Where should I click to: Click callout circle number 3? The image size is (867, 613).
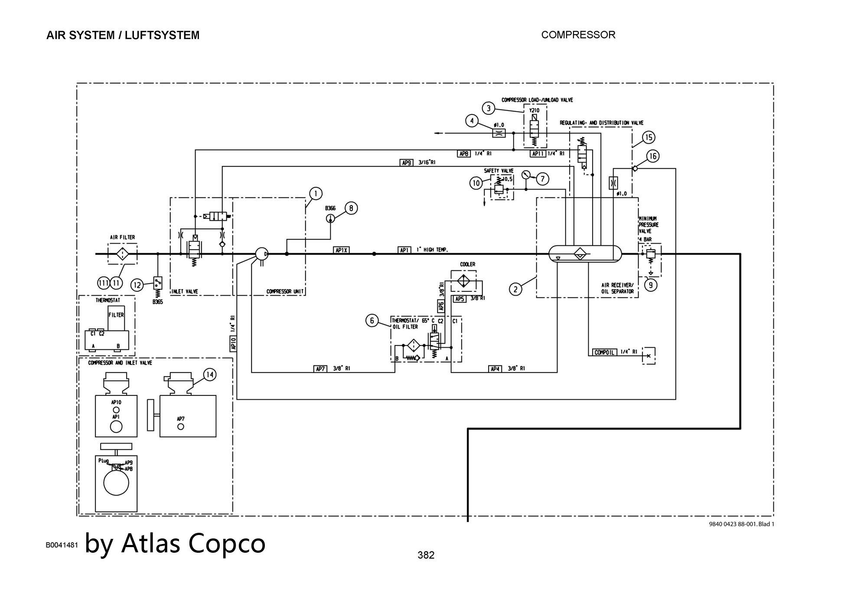pos(489,108)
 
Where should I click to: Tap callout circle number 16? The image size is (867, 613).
pos(652,156)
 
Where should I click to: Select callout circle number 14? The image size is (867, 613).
pos(209,375)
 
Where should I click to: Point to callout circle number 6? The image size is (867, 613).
pos(372,321)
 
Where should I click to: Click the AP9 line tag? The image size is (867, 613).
pos(407,163)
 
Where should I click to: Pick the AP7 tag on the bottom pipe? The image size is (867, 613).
pos(320,368)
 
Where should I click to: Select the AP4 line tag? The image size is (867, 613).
pos(495,368)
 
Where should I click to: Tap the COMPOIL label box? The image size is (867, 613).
pos(604,352)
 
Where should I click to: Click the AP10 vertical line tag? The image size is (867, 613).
pos(234,344)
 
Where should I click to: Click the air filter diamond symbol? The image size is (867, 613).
pos(123,254)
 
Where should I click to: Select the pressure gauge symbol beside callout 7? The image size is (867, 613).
pos(526,175)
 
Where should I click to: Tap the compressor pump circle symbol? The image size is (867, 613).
pos(261,254)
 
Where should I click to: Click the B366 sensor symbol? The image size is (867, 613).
pos(330,218)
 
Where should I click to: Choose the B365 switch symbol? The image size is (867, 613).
pos(158,283)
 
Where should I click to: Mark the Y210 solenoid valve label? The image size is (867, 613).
pos(534,110)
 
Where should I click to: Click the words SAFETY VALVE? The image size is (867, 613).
pos(499,171)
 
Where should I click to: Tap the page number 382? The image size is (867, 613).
pos(426,555)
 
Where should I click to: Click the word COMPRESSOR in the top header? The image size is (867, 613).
pos(578,35)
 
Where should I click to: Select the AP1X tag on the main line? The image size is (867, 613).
pos(342,250)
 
